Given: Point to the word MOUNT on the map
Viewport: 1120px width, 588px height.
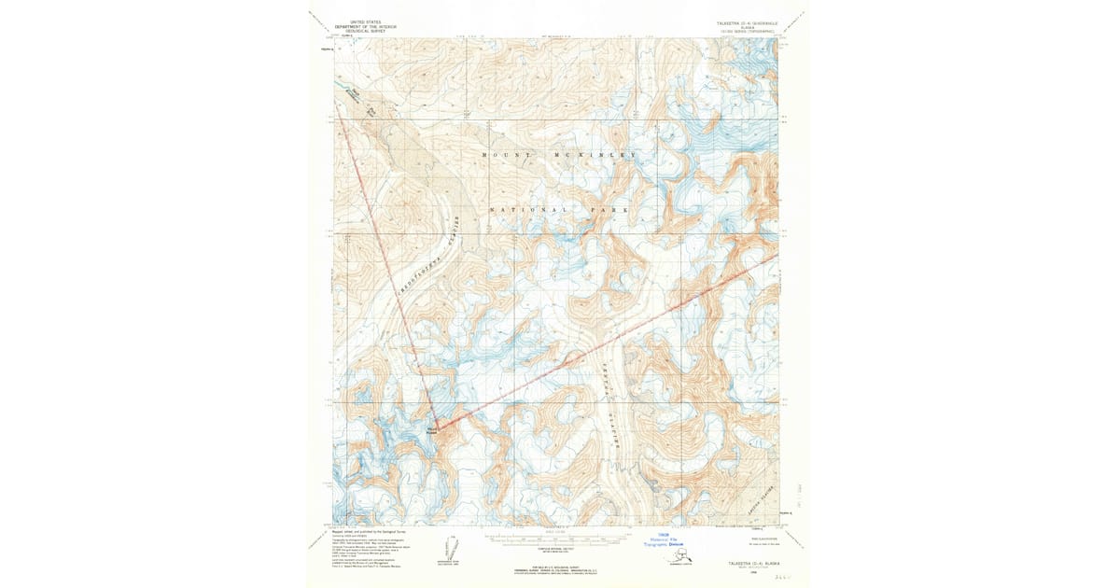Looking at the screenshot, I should click(x=509, y=154).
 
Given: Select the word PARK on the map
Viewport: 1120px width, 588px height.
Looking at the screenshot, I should click(x=609, y=211).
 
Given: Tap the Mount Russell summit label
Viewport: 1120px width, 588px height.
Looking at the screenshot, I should click(x=430, y=430).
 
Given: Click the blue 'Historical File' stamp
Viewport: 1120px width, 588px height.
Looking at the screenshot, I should click(x=665, y=539).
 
